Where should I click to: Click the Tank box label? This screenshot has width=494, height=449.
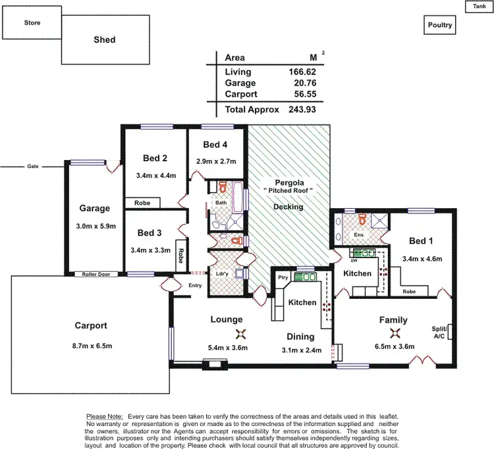(478, 6)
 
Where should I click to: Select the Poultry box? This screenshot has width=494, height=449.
(440, 25)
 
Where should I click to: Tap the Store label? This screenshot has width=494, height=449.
(32, 22)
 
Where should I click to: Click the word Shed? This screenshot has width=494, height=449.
(104, 40)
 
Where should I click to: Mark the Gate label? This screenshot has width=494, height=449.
(33, 166)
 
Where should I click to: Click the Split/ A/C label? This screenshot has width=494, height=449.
(439, 332)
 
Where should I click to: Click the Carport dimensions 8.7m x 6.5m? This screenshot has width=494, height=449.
(90, 346)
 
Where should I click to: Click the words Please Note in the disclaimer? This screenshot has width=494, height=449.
(105, 417)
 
